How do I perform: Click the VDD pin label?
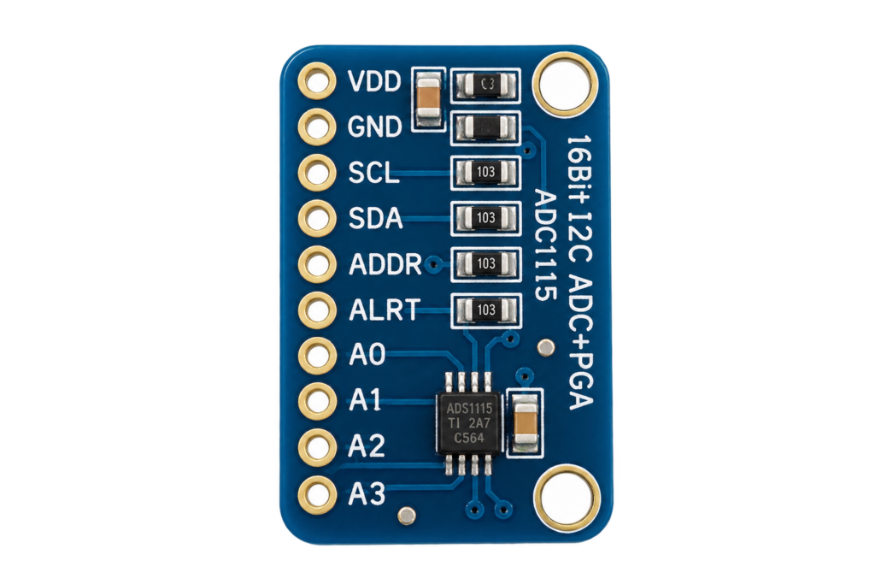tap(374, 81)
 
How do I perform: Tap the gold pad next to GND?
tap(317, 127)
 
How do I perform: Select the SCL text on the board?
tap(373, 173)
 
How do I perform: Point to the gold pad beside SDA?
tap(317, 218)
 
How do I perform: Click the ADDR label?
tap(385, 264)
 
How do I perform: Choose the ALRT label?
tap(384, 310)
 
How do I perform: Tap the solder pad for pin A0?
tap(317, 355)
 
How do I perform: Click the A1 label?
tap(366, 400)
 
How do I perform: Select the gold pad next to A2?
tap(317, 446)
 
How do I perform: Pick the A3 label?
tap(367, 494)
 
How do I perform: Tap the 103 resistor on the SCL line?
tap(485, 172)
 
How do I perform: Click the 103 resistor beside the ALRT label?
tap(485, 310)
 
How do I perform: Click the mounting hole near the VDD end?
tap(566, 85)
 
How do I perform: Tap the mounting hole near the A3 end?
tap(567, 498)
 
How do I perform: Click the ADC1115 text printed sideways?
tap(546, 245)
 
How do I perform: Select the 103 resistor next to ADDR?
tap(485, 263)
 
